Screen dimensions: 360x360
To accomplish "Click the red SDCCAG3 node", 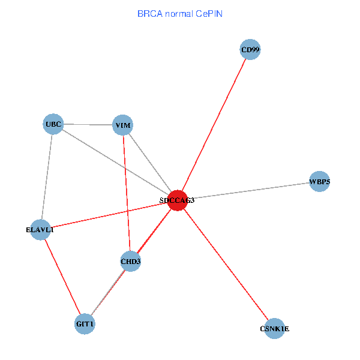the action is point(178,200).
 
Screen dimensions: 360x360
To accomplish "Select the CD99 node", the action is point(250,50).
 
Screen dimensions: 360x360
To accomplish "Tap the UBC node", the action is point(53,125).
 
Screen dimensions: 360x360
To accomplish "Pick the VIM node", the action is point(123,125).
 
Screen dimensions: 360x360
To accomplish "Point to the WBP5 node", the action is point(320,181).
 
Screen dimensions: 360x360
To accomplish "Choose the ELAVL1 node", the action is point(40,230).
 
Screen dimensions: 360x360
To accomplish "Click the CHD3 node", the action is point(130,261).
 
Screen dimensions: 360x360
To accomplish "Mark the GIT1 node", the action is point(85,324).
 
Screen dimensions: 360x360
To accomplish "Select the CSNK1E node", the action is point(274,328).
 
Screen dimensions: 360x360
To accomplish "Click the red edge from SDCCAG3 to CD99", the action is point(214,125).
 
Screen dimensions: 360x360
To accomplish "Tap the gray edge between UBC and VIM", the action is point(88,125).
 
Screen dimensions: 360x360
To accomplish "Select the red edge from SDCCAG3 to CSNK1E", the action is point(226,264).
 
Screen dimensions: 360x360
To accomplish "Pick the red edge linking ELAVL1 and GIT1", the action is point(62,277).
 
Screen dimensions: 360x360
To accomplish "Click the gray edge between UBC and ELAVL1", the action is point(47,177).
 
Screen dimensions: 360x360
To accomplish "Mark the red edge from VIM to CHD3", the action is point(127,193).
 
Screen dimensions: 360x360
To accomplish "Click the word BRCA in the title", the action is point(148,13).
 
